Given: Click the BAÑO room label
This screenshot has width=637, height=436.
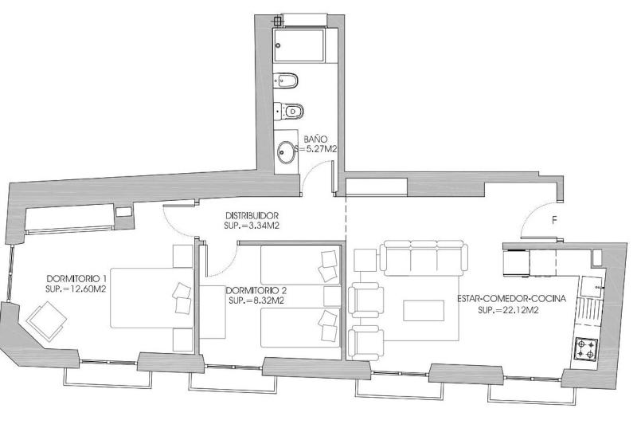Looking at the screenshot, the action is [x=315, y=139].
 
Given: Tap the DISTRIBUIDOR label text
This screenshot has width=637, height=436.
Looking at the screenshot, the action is [x=252, y=215].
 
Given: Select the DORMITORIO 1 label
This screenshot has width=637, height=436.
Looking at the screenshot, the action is [x=76, y=279].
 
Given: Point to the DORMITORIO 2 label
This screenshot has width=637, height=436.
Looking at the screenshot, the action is [x=256, y=291].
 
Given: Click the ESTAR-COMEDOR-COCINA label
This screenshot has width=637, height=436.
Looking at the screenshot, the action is [x=511, y=299].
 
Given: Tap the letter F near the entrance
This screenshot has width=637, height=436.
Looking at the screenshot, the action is [x=554, y=221].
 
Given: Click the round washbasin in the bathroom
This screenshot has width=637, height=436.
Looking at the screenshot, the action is [x=287, y=152].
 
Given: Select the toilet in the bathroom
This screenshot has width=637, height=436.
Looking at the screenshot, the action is [x=289, y=111].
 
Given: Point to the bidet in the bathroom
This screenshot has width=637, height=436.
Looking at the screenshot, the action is [x=286, y=81].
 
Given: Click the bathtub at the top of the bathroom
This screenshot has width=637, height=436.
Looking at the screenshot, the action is [x=299, y=45].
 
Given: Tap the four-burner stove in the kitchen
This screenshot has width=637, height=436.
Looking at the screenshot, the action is [x=586, y=348].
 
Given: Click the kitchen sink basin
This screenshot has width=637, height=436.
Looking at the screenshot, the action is [x=592, y=287].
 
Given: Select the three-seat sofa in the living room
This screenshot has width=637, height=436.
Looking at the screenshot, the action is [x=424, y=258].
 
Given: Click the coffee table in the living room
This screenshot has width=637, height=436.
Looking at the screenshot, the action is [x=424, y=311].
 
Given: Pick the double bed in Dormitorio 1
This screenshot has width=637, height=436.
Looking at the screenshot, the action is [x=152, y=298].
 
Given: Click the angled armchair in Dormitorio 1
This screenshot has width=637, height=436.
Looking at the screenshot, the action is [x=47, y=321].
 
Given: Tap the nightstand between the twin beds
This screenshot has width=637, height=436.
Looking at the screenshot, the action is [x=332, y=296].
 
